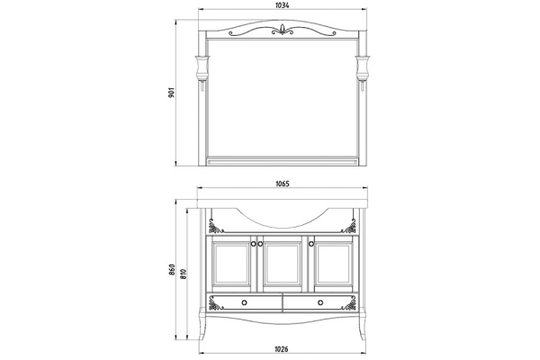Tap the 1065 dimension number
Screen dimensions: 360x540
click(x=281, y=184)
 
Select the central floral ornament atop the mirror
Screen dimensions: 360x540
click(x=282, y=31)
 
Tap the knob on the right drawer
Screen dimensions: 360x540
click(x=319, y=301)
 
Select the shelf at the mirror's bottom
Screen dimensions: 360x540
click(x=282, y=163)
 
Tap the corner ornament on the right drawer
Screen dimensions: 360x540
click(x=350, y=306)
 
